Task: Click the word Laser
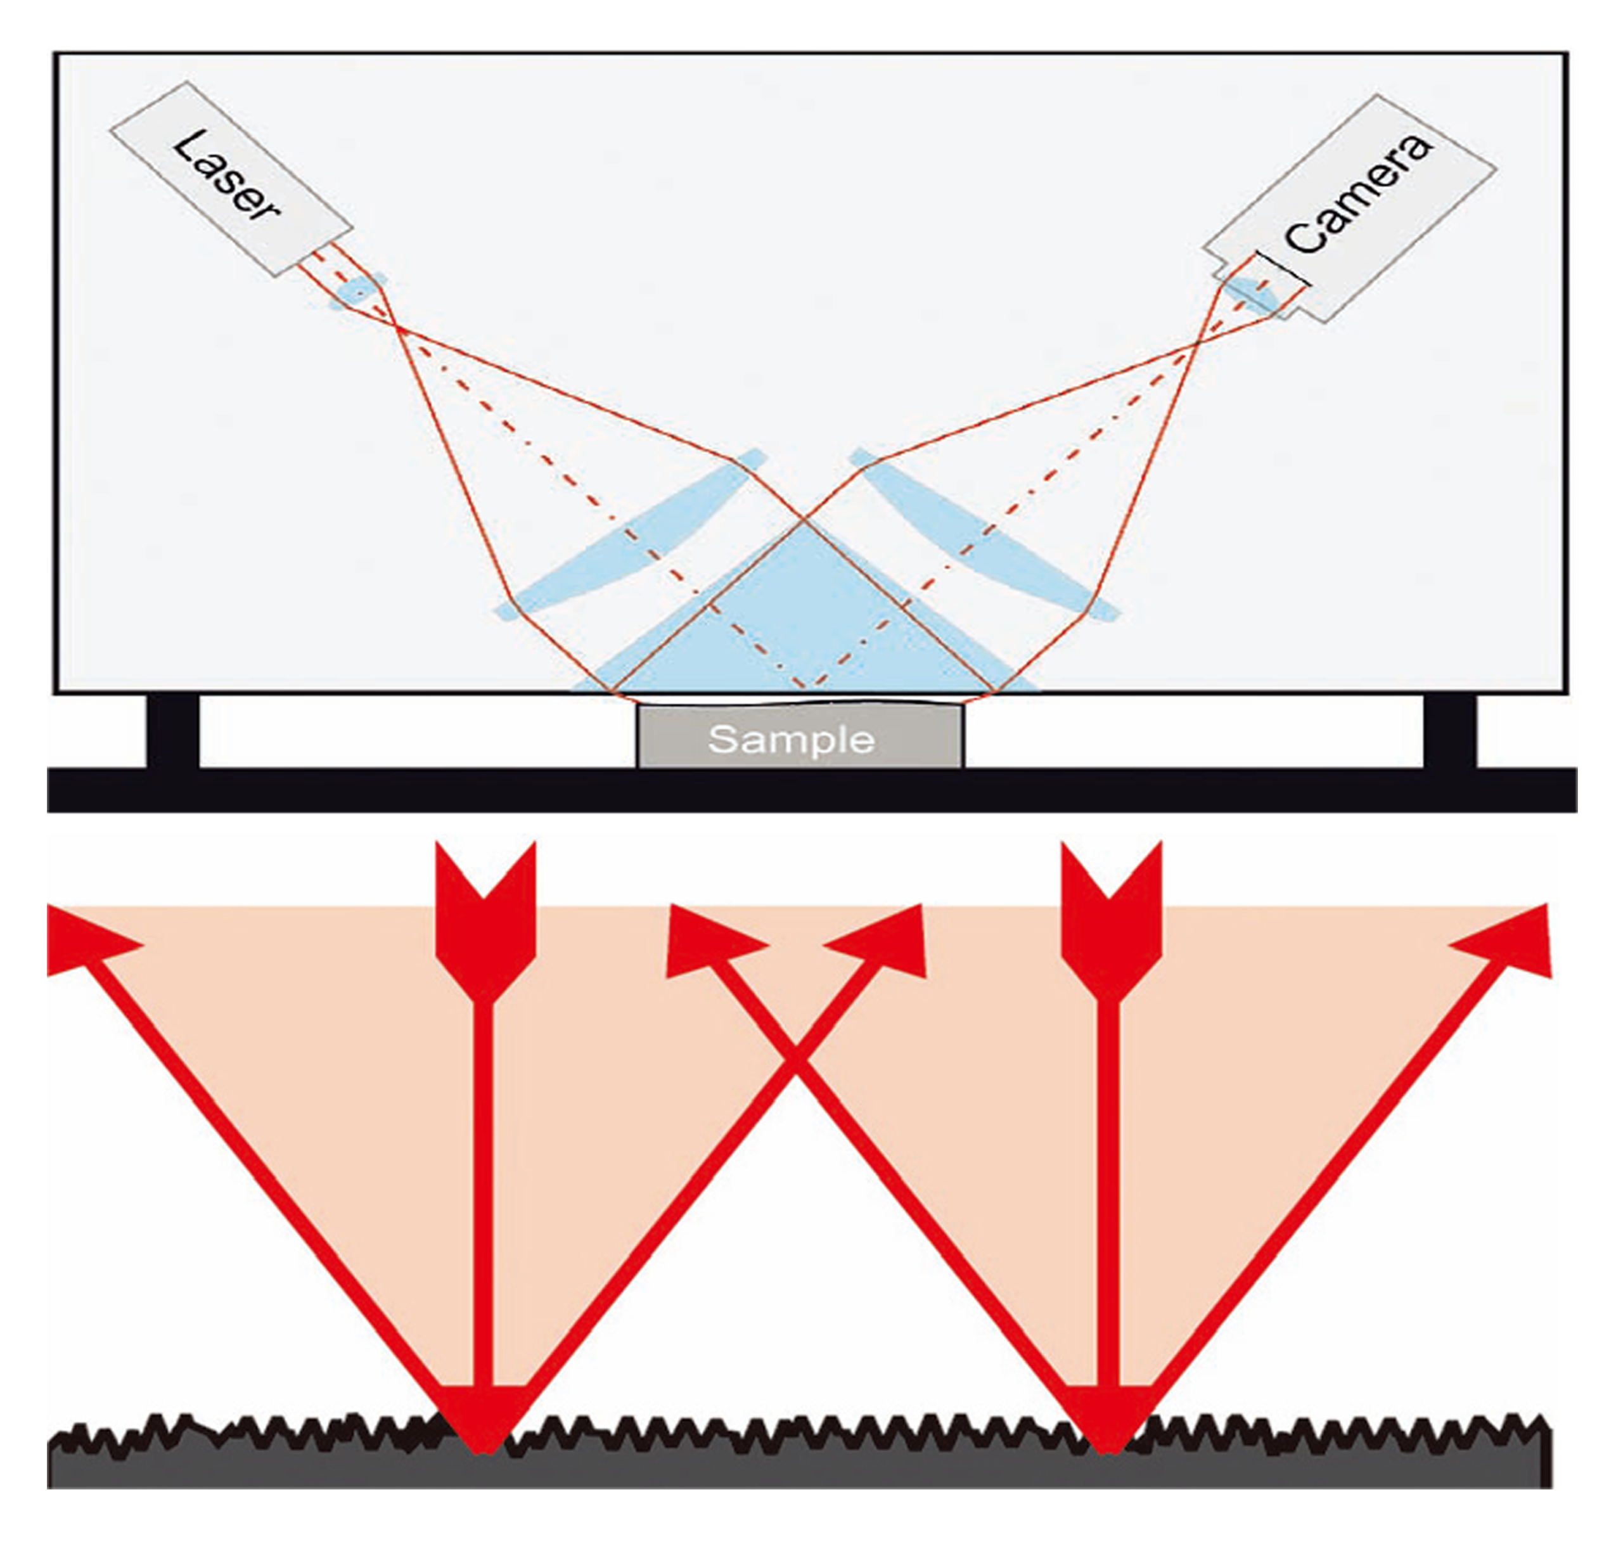(x=226, y=176)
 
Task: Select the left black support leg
(x=173, y=731)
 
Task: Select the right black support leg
(x=1450, y=731)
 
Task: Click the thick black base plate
(x=811, y=790)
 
